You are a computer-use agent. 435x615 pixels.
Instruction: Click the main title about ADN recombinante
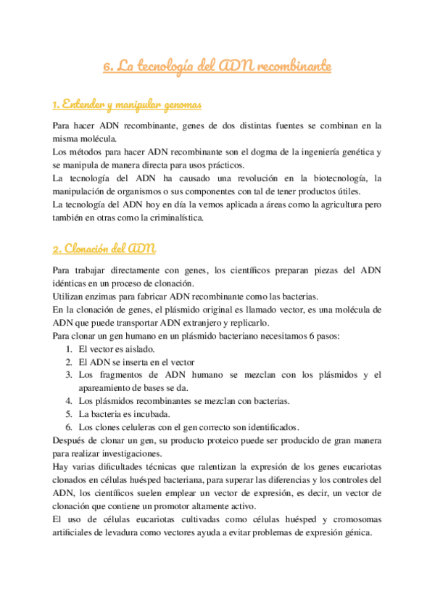[217, 67]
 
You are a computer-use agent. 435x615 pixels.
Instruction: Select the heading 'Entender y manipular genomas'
[127, 105]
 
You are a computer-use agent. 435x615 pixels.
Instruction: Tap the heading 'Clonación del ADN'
[104, 249]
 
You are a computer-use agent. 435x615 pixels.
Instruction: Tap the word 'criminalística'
[173, 218]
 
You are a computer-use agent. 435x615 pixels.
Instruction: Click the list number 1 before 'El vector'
[68, 349]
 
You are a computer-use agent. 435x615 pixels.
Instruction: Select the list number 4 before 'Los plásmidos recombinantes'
[68, 401]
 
